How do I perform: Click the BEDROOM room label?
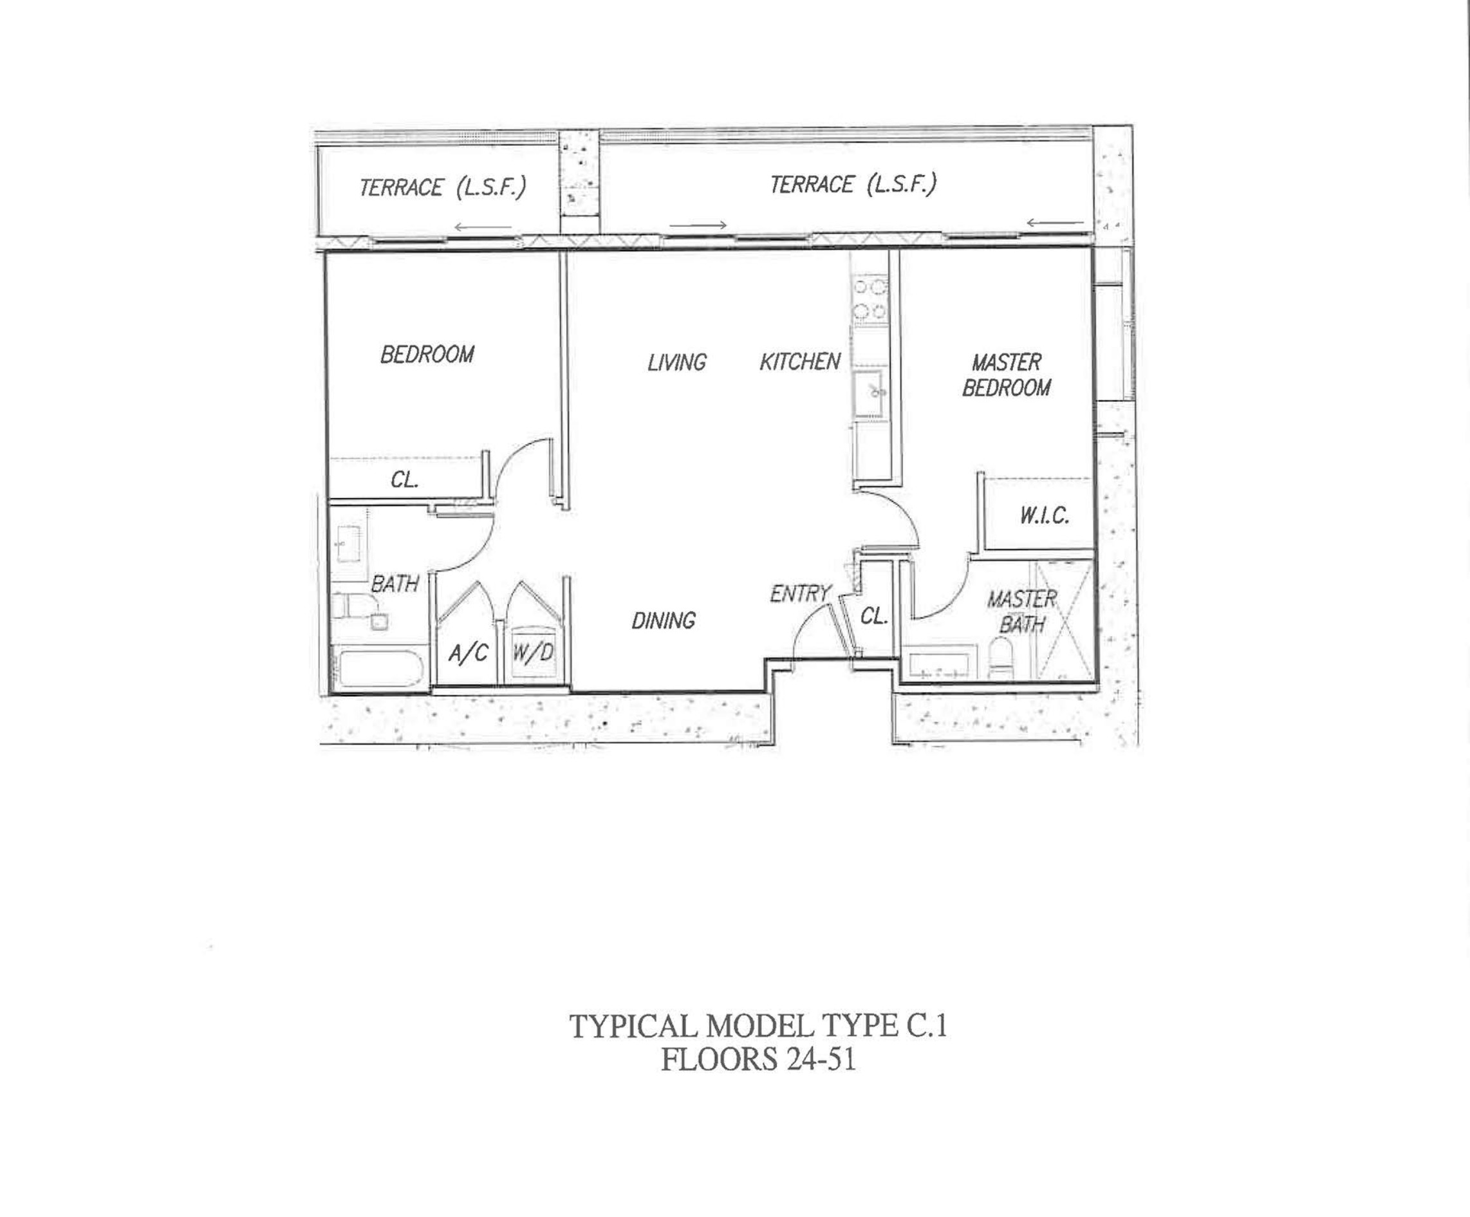427,354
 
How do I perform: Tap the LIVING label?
677,362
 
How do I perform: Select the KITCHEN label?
800,361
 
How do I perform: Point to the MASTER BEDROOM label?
1007,375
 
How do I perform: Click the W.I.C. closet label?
1045,516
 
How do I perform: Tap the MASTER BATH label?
1022,611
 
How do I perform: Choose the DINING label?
664,620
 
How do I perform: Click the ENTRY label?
800,593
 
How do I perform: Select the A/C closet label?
469,653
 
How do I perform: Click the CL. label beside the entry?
873,616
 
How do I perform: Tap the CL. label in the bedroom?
405,480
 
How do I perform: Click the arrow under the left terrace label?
483,227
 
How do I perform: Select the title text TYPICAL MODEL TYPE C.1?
758,1027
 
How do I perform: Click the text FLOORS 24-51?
758,1059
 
